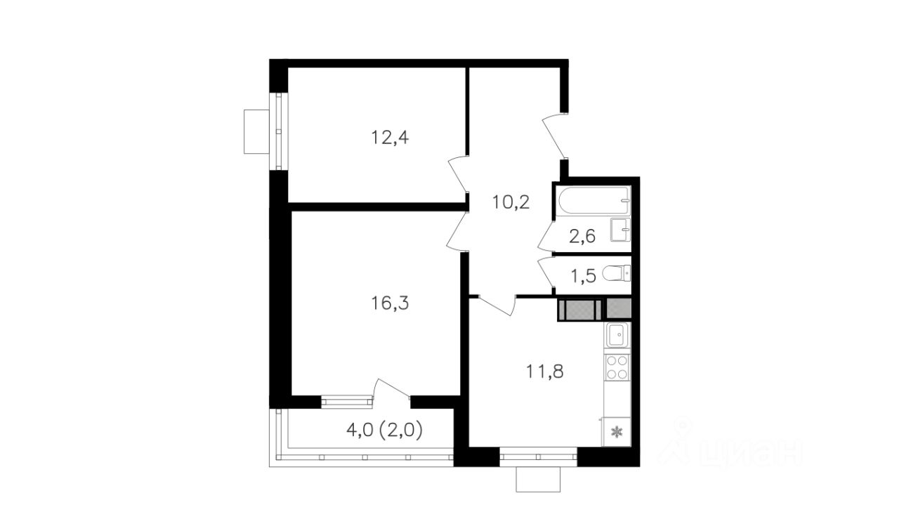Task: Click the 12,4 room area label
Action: pos(390,138)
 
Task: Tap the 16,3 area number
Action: pos(390,303)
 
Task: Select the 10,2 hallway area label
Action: pos(511,202)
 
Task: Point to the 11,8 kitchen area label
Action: pos(544,372)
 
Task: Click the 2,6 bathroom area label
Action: pos(582,237)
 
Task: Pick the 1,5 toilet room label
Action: pos(583,276)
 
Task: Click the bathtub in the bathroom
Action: pos(593,201)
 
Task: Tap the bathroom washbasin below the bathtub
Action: pos(620,230)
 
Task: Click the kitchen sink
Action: pos(618,335)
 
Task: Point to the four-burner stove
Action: pos(617,367)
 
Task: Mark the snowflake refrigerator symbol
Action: pos(616,432)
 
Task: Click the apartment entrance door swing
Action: pos(554,136)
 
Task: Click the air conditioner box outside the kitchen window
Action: pos(538,479)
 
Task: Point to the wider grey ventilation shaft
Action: pos(580,310)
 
